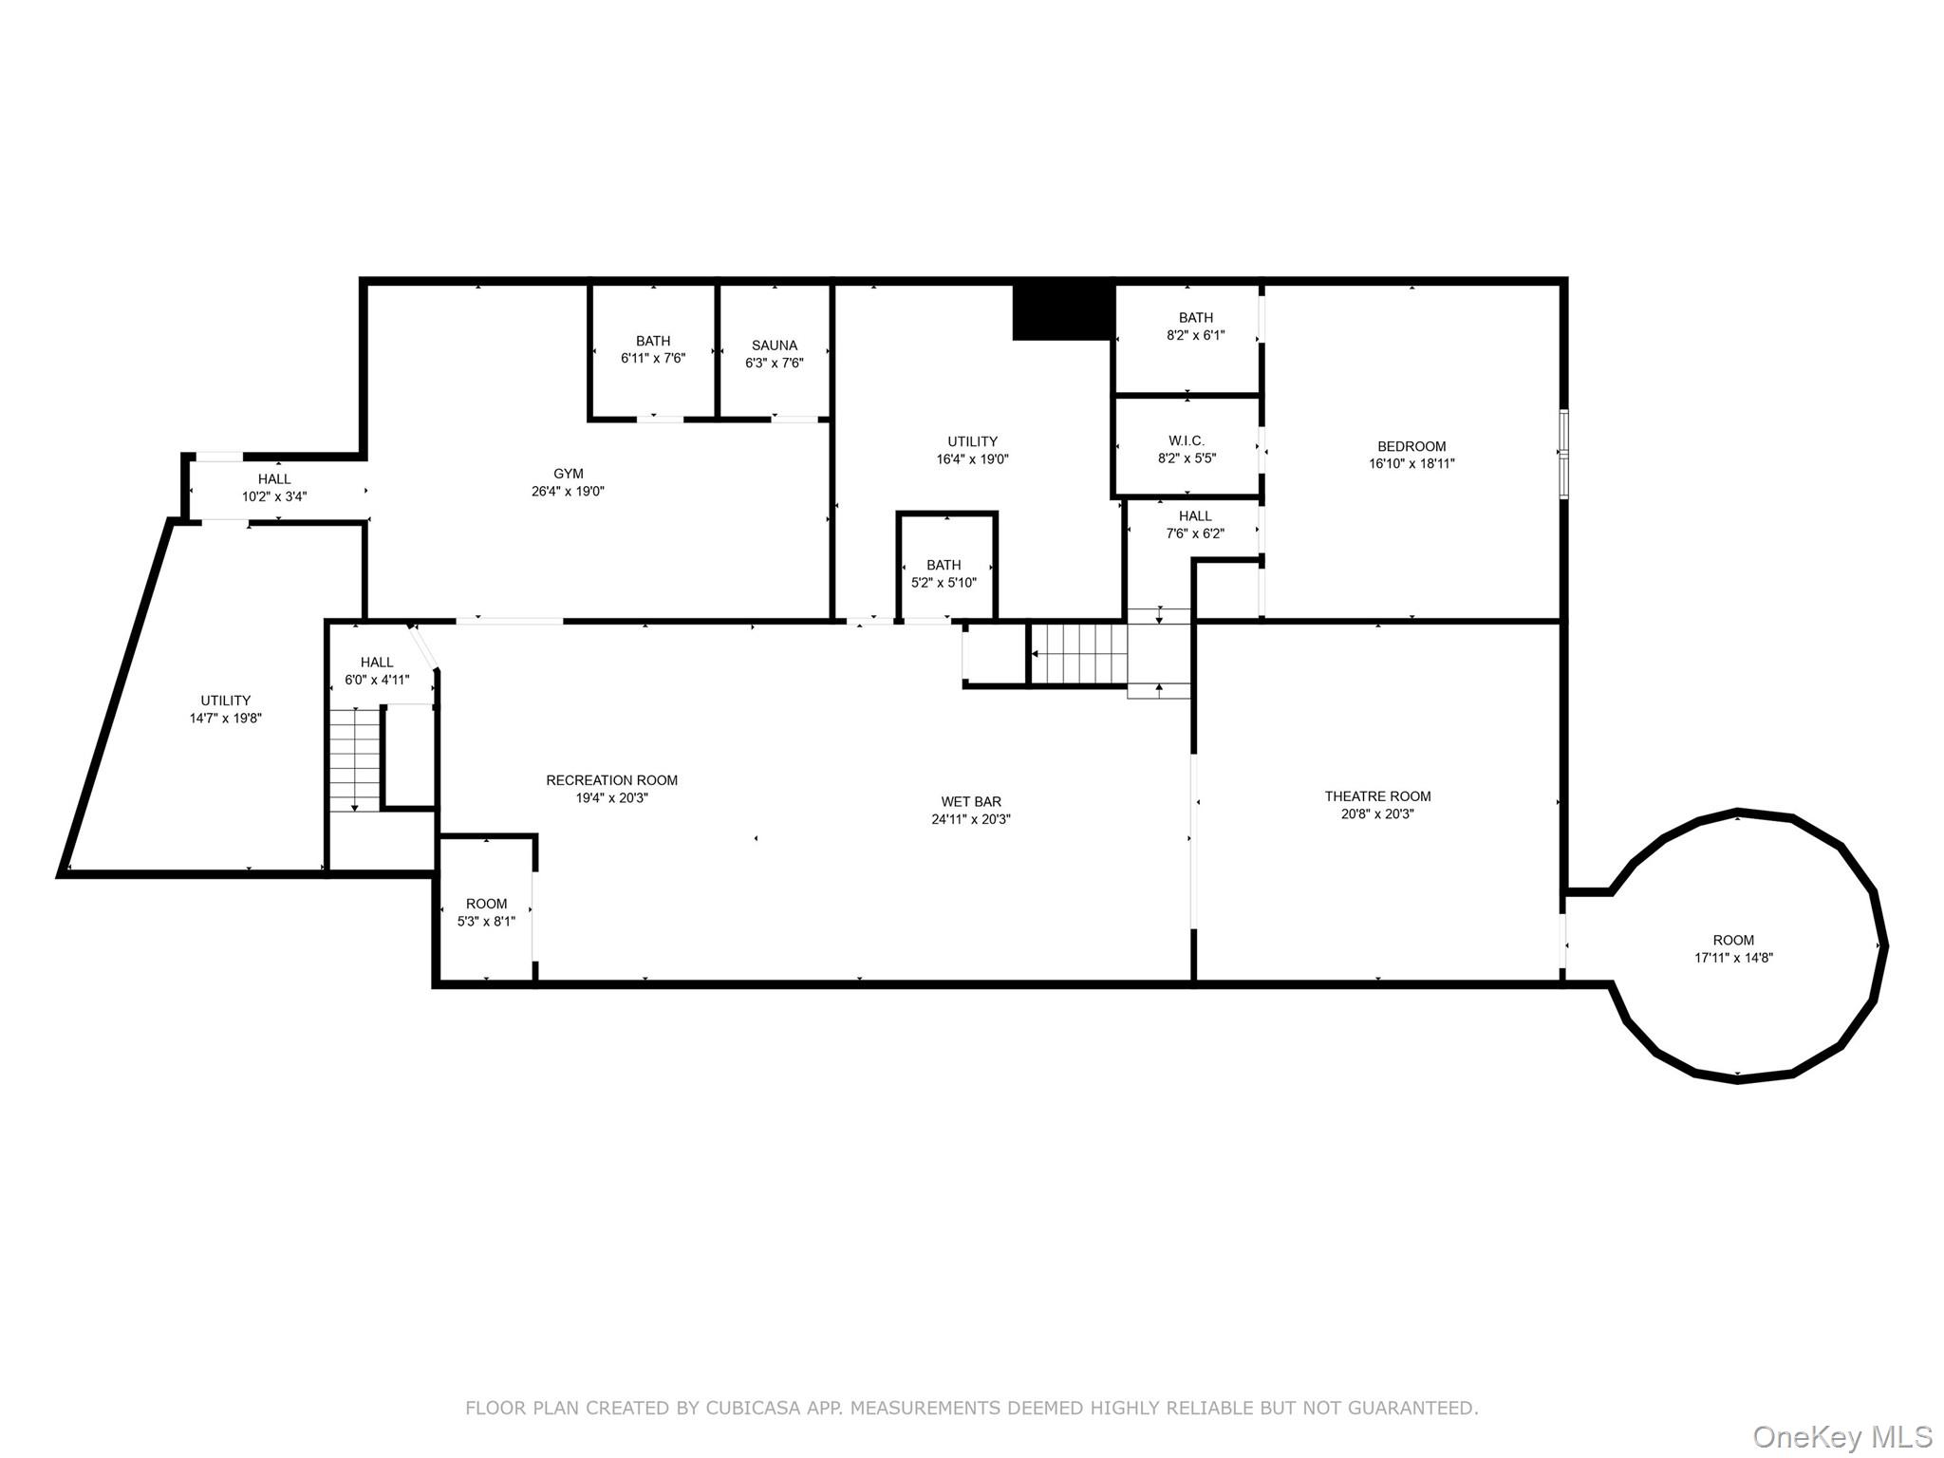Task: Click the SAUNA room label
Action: pos(774,346)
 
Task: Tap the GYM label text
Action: pos(568,474)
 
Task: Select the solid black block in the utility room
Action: pos(1062,310)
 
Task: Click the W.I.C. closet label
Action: pos(1187,440)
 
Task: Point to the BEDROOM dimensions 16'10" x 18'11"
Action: pos(1411,464)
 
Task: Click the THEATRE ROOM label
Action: pos(1377,796)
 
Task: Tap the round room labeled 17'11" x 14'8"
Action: pos(1733,948)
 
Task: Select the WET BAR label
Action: pos(970,802)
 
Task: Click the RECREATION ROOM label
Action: pos(611,780)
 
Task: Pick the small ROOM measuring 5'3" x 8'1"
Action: pos(486,912)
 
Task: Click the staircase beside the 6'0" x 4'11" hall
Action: pos(355,759)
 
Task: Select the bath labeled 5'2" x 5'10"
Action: pos(944,573)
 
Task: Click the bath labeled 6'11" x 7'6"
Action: pos(652,349)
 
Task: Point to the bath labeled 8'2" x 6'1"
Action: pos(1195,326)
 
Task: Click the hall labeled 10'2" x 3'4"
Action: pos(274,487)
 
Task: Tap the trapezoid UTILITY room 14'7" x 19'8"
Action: pos(225,709)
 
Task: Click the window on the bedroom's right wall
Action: pos(1563,454)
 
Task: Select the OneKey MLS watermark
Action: pos(1841,1436)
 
